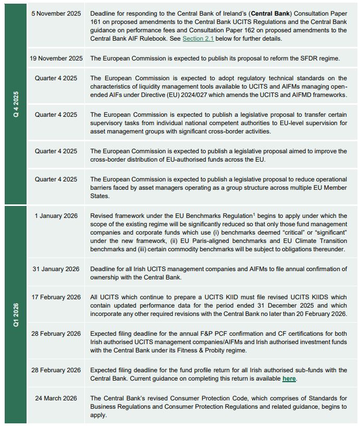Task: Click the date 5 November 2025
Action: tap(56, 13)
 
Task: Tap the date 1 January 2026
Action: tap(56, 215)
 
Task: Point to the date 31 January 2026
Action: tap(56, 269)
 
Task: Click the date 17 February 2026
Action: tap(56, 297)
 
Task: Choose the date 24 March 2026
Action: tap(56, 398)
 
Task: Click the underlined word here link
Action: tap(289, 378)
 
